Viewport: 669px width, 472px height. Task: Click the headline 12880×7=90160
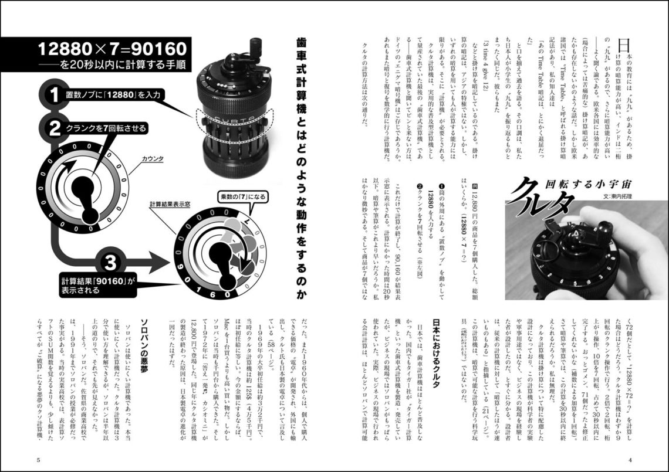pyautogui.click(x=112, y=47)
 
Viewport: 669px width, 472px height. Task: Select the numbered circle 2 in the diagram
pyautogui.click(x=53, y=127)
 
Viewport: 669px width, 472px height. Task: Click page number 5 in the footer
pyautogui.click(x=38, y=459)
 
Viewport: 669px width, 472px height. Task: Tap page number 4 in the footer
pyautogui.click(x=630, y=459)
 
